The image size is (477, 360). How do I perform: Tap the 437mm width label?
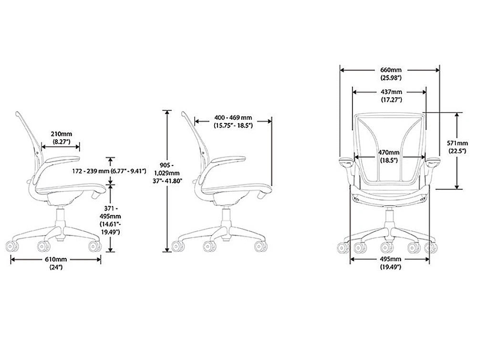click(390, 92)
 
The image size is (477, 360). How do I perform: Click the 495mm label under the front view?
click(390, 259)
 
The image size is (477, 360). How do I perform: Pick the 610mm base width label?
click(56, 259)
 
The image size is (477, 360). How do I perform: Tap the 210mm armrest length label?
click(61, 134)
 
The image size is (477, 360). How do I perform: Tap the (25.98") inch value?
click(390, 77)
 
